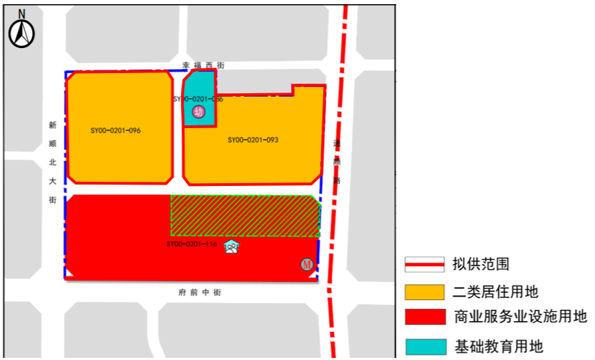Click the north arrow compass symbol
pyautogui.click(x=22, y=33)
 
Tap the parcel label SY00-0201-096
pyautogui.click(x=116, y=130)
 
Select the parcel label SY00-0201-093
pyautogui.click(x=253, y=140)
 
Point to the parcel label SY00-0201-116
pyautogui.click(x=191, y=244)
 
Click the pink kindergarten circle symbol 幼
pyautogui.click(x=200, y=111)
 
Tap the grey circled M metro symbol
pyautogui.click(x=306, y=265)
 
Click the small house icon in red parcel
pyautogui.click(x=232, y=246)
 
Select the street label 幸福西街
pyautogui.click(x=203, y=65)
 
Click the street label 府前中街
pyautogui.click(x=200, y=293)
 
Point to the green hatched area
pyautogui.click(x=245, y=216)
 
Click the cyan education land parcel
pyautogui.click(x=198, y=94)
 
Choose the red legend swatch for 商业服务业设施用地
pyautogui.click(x=425, y=317)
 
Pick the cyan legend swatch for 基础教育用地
pyautogui.click(x=425, y=345)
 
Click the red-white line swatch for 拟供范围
pyautogui.click(x=425, y=264)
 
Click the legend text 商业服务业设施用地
pyautogui.click(x=520, y=317)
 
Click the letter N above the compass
pyautogui.click(x=22, y=13)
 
